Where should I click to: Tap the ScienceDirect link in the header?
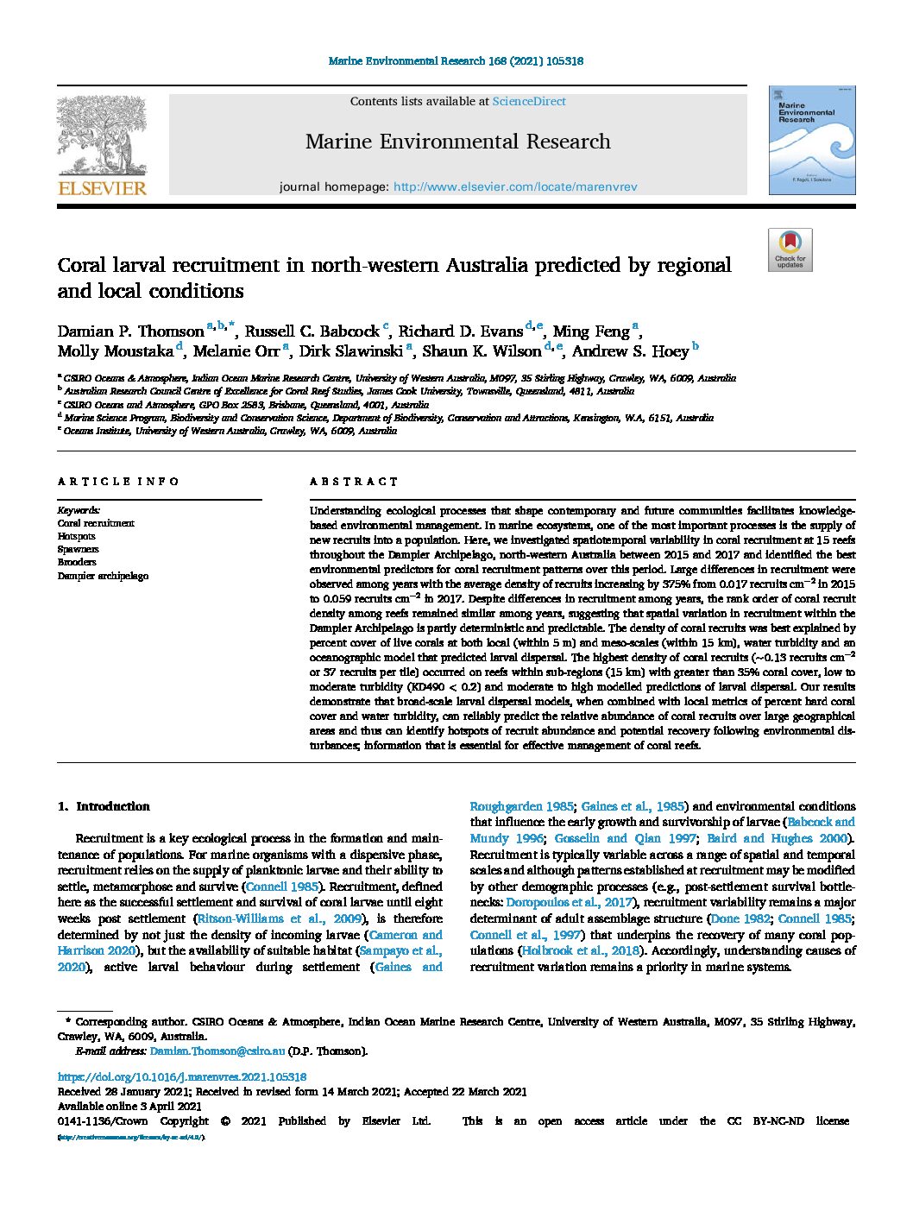pos(529,101)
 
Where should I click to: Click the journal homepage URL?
pos(515,186)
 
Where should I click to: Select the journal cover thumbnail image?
pos(812,140)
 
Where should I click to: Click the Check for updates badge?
pos(790,249)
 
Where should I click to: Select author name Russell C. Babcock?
pos(312,331)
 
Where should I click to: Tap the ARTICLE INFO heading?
pos(118,482)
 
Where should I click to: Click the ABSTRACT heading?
pos(354,482)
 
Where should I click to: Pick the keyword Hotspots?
pos(77,536)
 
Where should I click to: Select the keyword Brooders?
pos(77,562)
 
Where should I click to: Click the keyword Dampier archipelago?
pos(103,576)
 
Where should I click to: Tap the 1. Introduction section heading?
pos(104,806)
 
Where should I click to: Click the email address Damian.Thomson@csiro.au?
pos(217,1051)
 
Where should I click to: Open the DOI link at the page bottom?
pos(182,1076)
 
